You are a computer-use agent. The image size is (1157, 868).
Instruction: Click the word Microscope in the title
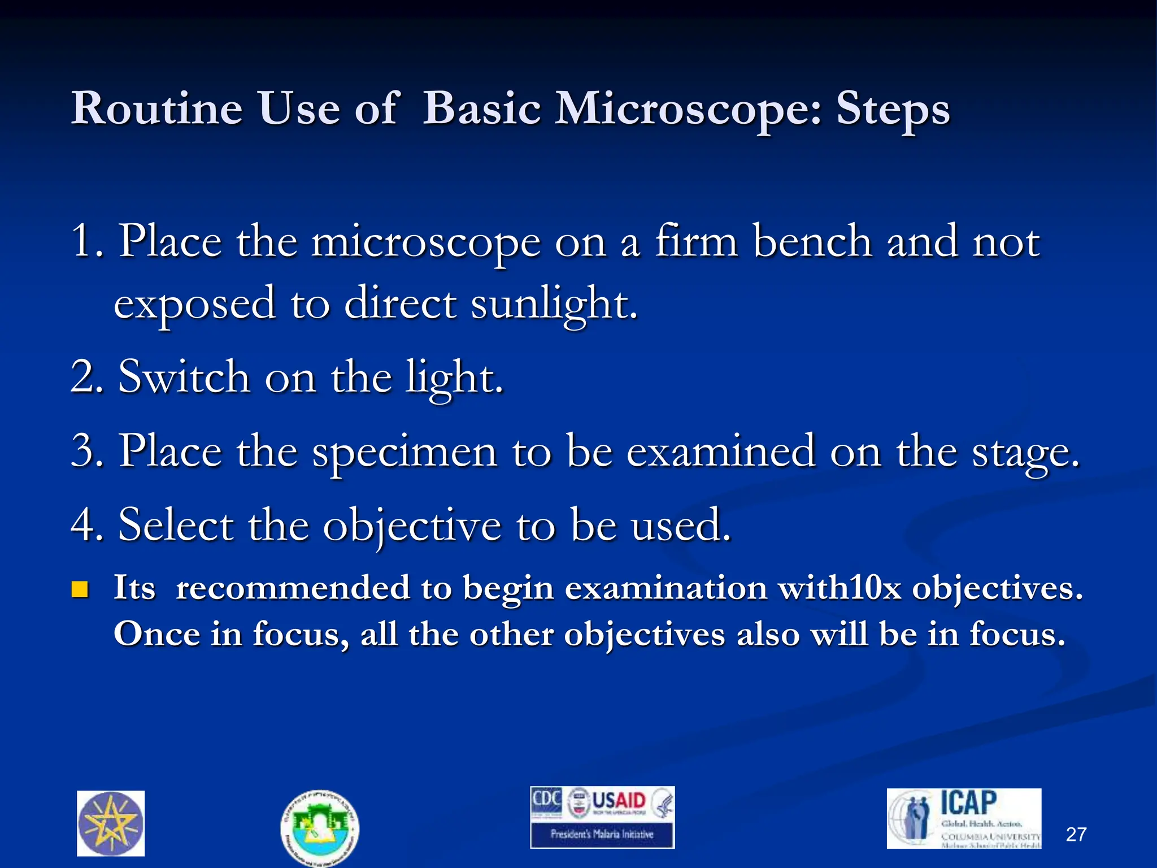point(688,109)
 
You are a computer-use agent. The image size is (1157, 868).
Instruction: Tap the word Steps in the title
point(893,109)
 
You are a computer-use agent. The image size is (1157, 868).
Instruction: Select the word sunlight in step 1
point(554,304)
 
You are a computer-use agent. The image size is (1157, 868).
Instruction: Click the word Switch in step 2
point(184,377)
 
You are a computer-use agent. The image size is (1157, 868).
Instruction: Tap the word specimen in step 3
point(404,452)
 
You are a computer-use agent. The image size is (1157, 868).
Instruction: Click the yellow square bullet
point(80,589)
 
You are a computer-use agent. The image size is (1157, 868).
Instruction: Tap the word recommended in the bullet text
point(293,588)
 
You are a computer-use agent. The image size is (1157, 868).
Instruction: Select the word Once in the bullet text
point(156,634)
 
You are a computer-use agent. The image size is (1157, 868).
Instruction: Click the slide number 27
point(1076,835)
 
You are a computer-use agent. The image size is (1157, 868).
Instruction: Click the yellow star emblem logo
point(111,823)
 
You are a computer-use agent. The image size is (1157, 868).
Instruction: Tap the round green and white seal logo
point(320,827)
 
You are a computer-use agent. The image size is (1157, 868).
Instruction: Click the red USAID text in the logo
point(619,801)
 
